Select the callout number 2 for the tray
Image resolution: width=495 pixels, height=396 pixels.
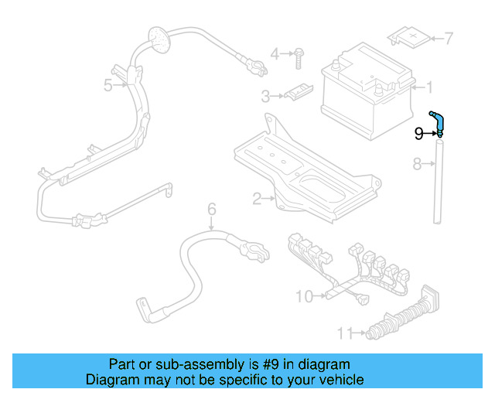(257, 199)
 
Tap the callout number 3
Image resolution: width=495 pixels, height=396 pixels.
(265, 97)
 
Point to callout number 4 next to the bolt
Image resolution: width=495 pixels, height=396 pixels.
(275, 53)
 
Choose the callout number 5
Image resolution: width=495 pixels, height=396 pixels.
(108, 85)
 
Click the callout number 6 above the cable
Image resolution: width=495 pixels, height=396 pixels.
(210, 208)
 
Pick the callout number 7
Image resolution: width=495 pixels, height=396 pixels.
(449, 37)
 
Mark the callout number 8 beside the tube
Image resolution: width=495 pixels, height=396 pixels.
(416, 163)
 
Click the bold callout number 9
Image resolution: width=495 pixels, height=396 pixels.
(418, 133)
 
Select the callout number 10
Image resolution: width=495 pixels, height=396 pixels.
(304, 295)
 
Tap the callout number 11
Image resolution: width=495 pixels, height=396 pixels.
(344, 333)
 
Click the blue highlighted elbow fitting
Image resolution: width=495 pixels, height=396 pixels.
(438, 120)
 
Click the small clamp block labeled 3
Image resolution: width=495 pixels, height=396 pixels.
(295, 94)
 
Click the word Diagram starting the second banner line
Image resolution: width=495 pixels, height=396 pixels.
(109, 380)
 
